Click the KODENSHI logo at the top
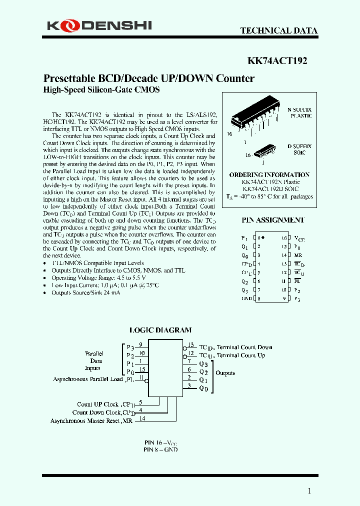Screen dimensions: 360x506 point(99,25)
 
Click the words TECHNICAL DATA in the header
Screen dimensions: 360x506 point(278,30)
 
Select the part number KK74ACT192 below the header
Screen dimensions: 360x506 point(277,61)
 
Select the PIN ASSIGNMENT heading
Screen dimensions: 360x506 point(273,220)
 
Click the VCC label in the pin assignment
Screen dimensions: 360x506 point(297,238)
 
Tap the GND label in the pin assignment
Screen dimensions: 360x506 point(246,299)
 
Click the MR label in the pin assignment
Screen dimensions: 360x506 point(297,255)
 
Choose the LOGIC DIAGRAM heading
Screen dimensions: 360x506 point(160,330)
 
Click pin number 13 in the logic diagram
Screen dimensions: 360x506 point(190,345)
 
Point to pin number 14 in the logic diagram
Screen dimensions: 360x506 point(142,418)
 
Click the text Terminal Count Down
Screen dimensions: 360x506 point(244,347)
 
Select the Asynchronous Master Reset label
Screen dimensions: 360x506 point(91,421)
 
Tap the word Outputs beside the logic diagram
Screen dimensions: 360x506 point(225,373)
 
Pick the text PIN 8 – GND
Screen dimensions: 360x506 point(160,449)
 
